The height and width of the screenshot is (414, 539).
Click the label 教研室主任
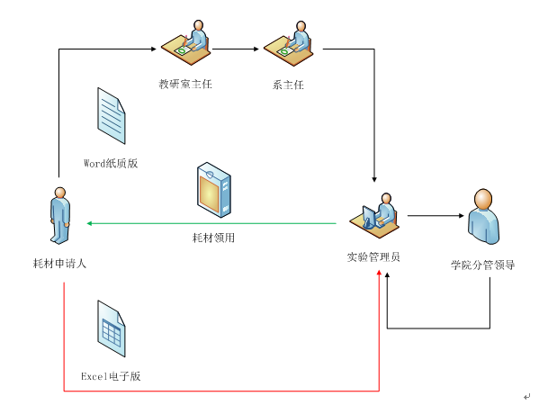(x=185, y=85)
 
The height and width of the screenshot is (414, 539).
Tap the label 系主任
(x=288, y=85)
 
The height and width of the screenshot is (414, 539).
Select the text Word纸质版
(x=111, y=163)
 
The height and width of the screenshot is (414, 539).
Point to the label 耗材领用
(x=213, y=238)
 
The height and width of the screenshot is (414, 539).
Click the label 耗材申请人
(x=59, y=264)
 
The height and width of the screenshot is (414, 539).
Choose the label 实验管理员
(x=373, y=256)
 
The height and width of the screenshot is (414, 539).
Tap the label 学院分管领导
(x=483, y=265)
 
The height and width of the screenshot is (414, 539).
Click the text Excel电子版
(x=111, y=376)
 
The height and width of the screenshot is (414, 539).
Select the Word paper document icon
(x=112, y=116)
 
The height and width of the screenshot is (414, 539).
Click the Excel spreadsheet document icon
(x=112, y=328)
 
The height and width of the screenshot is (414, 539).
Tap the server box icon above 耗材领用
(x=214, y=190)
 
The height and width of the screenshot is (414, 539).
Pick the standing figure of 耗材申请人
(x=60, y=216)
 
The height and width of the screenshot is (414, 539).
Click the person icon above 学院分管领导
(x=483, y=217)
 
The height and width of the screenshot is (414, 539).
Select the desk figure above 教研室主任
(x=185, y=42)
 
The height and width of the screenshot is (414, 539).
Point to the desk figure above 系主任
(x=289, y=43)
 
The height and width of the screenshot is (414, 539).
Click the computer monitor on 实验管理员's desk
(x=369, y=217)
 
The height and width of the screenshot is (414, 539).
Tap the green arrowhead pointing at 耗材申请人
(x=89, y=223)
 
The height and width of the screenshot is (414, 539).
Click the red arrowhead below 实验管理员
(x=379, y=273)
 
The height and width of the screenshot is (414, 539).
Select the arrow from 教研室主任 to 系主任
(x=236, y=49)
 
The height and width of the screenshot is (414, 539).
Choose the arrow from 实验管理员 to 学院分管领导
(x=436, y=216)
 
